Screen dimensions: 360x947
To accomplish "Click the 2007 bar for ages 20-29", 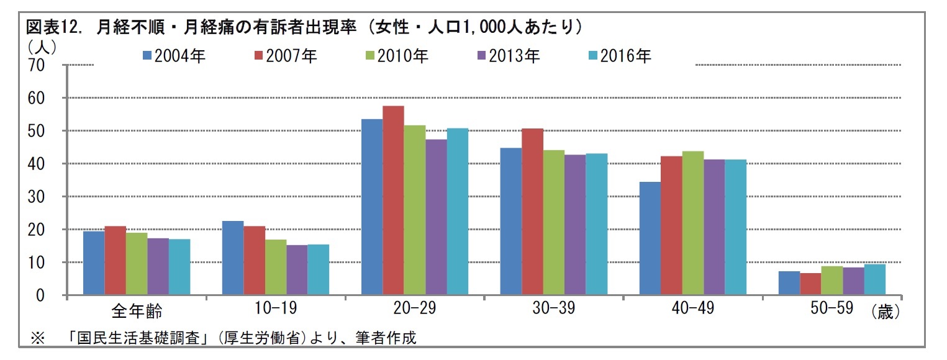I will pos(393,200).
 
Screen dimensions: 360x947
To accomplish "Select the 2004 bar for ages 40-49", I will pos(650,238).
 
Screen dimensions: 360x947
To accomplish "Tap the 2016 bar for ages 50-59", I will pos(874,279).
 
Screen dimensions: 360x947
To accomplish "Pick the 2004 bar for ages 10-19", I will pos(233,258).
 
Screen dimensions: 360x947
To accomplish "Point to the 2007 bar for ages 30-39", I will pos(532,212).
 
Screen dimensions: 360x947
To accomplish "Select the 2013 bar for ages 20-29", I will pos(436,217).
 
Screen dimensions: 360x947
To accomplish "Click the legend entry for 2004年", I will pos(174,56).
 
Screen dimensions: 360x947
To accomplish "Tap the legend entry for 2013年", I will pos(507,56).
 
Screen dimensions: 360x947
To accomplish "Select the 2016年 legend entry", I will pos(619,56).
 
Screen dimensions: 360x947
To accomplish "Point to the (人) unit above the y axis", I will pos(42,45).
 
